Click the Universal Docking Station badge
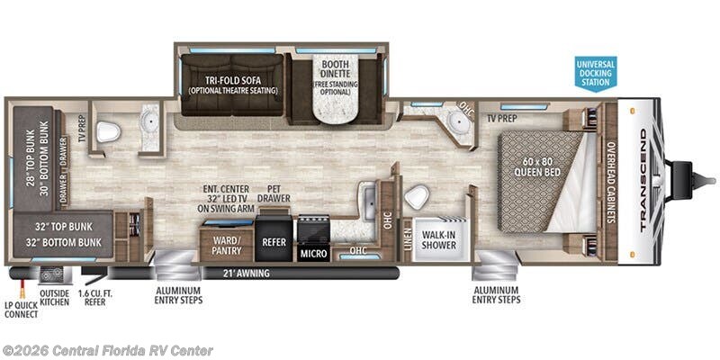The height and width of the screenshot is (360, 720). pos(596,74)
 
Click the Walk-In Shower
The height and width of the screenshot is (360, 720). pos(439,239)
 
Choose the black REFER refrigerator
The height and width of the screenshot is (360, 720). pos(274,238)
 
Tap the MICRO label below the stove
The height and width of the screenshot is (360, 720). pos(314,254)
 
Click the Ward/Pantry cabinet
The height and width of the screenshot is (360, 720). pos(227,244)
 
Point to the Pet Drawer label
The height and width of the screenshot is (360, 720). pos(274,193)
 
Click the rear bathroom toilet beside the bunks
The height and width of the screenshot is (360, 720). pos(108,132)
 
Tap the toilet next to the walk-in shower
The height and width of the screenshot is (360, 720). pos(417,197)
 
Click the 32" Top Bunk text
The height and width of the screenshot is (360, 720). pos(63,227)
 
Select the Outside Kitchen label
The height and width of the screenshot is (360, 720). pos(54,298)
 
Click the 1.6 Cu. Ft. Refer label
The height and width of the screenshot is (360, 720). pos(92,298)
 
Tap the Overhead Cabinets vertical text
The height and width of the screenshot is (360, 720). pos(611,182)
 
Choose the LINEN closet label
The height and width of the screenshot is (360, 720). pos(408,238)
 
